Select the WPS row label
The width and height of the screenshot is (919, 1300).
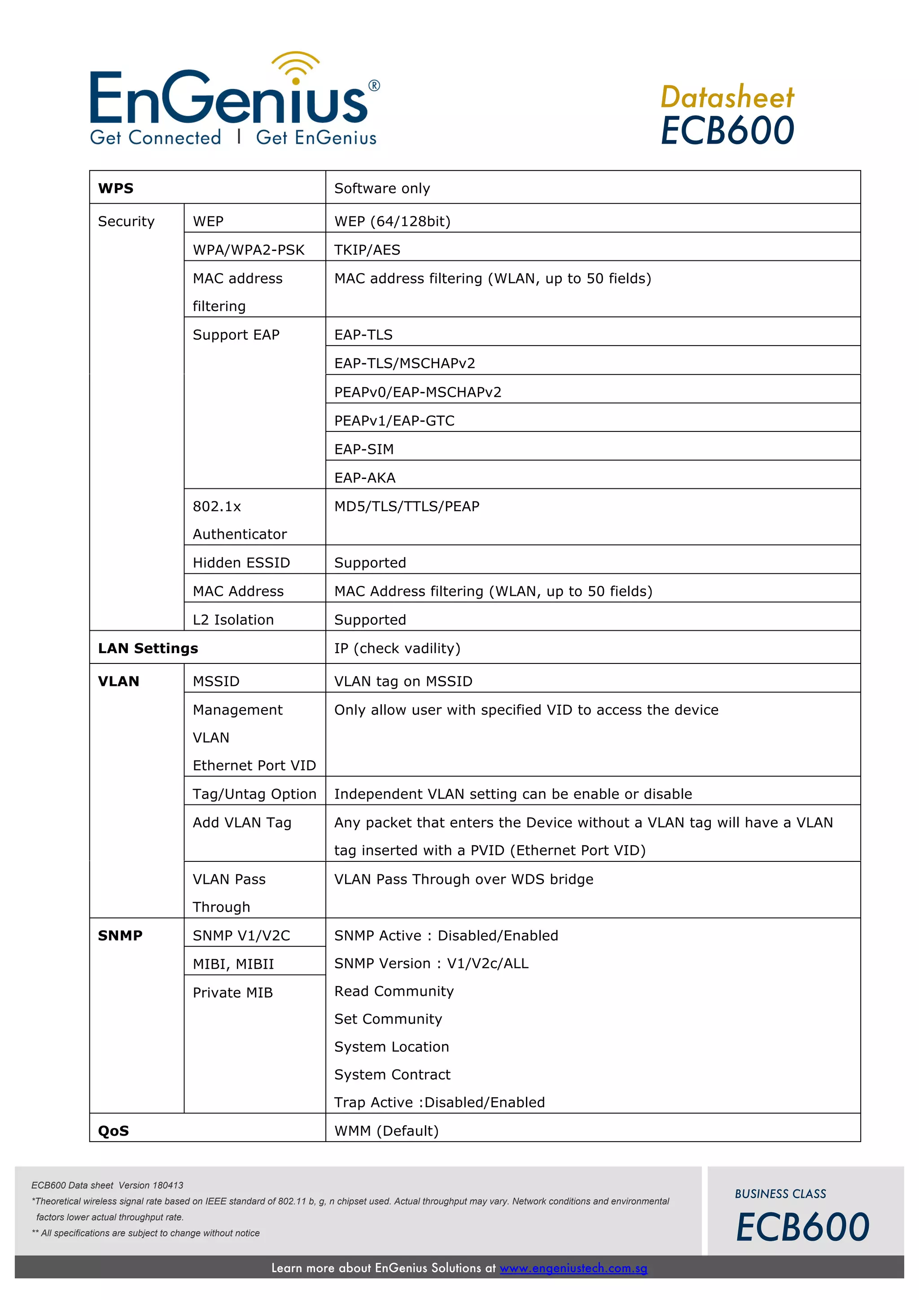click(x=116, y=189)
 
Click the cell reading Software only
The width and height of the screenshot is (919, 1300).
click(x=382, y=189)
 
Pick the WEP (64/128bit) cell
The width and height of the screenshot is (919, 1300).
click(x=392, y=221)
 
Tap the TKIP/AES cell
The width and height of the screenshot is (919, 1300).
click(x=367, y=250)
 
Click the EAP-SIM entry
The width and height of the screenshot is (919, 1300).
click(x=364, y=449)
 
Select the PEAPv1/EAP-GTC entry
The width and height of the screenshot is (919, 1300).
click(x=394, y=421)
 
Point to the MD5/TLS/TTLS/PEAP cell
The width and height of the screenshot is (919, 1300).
click(x=407, y=506)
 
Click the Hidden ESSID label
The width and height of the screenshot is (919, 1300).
click(x=241, y=563)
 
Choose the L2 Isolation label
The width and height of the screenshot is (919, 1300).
click(x=233, y=620)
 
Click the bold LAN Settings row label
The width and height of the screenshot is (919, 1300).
click(x=148, y=648)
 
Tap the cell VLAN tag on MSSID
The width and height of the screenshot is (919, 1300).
click(x=403, y=681)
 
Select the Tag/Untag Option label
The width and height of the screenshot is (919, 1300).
click(x=254, y=794)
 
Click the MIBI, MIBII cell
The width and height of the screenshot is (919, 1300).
click(x=233, y=964)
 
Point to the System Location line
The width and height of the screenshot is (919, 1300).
click(x=392, y=1047)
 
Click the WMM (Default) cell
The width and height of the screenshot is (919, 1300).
click(x=386, y=1131)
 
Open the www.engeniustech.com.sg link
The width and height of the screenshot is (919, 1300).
click(x=573, y=1268)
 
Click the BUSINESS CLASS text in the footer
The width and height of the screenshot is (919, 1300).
click(x=780, y=1194)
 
